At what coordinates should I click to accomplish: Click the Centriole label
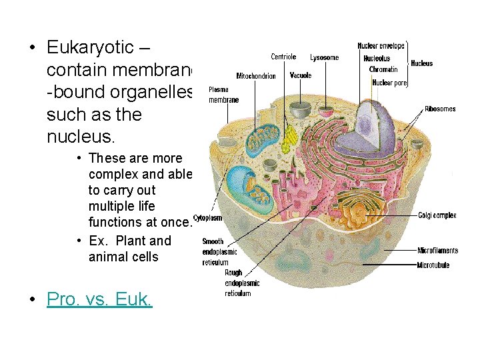[x=283, y=57]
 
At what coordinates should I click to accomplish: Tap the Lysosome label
[x=324, y=58]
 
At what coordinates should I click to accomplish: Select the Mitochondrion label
[x=256, y=76]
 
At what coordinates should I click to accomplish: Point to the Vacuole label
[x=301, y=75]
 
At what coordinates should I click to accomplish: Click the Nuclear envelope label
[x=381, y=46]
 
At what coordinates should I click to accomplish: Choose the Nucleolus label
[x=377, y=59]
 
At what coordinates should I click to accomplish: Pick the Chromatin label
[x=383, y=69]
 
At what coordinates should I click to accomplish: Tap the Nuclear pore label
[x=390, y=83]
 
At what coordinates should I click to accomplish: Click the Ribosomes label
[x=440, y=109]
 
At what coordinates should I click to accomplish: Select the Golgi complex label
[x=437, y=215]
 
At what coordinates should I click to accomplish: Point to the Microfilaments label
[x=437, y=251]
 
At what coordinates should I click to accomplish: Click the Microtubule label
[x=433, y=265]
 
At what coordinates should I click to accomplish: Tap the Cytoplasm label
[x=207, y=218]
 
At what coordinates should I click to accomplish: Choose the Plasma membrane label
[x=223, y=94]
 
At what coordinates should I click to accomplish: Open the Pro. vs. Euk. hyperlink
[x=99, y=299]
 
